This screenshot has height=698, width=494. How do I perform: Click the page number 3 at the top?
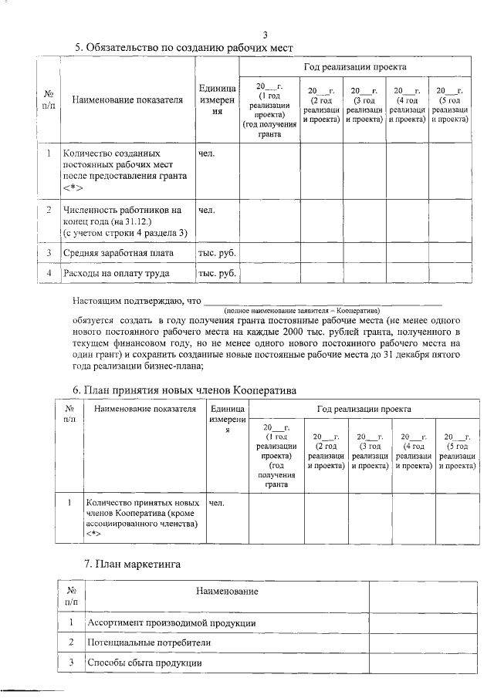coord(265,35)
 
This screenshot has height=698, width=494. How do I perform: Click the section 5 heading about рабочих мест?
coord(184,48)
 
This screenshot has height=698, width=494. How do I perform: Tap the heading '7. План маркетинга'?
coord(132,565)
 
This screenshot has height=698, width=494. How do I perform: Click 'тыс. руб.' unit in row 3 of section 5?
coord(217,253)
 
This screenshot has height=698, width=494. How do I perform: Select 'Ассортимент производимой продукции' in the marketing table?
coord(171,622)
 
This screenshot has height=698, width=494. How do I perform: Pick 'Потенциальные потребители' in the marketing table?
coord(148,642)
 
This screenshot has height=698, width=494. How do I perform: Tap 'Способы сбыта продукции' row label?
coord(144,663)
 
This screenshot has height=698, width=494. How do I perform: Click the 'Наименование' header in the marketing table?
coord(226,592)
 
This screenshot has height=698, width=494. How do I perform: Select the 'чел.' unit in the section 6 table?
coord(217,504)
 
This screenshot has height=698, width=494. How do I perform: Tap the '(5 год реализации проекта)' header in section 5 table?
coord(451,105)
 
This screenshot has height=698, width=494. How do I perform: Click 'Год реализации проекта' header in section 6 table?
coord(363,408)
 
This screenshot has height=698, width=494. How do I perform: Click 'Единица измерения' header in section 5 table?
coord(217,99)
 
